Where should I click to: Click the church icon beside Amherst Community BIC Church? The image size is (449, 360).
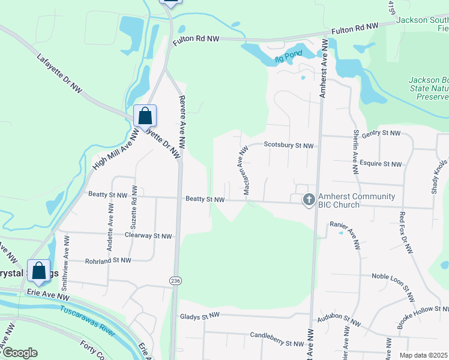pyautogui.click(x=309, y=200)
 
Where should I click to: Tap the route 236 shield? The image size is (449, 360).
pyautogui.click(x=175, y=280)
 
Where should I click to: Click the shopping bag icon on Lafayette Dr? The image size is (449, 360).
pyautogui.click(x=145, y=115)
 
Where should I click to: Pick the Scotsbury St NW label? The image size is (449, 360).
pyautogui.click(x=289, y=146)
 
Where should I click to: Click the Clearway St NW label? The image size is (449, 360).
pyautogui.click(x=148, y=236)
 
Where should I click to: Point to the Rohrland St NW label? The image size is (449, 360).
pyautogui.click(x=107, y=260)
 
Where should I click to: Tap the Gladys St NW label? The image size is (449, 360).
pyautogui.click(x=200, y=316)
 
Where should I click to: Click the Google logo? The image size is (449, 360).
pyautogui.click(x=20, y=353)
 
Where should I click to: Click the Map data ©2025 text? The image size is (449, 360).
pyautogui.click(x=423, y=355)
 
